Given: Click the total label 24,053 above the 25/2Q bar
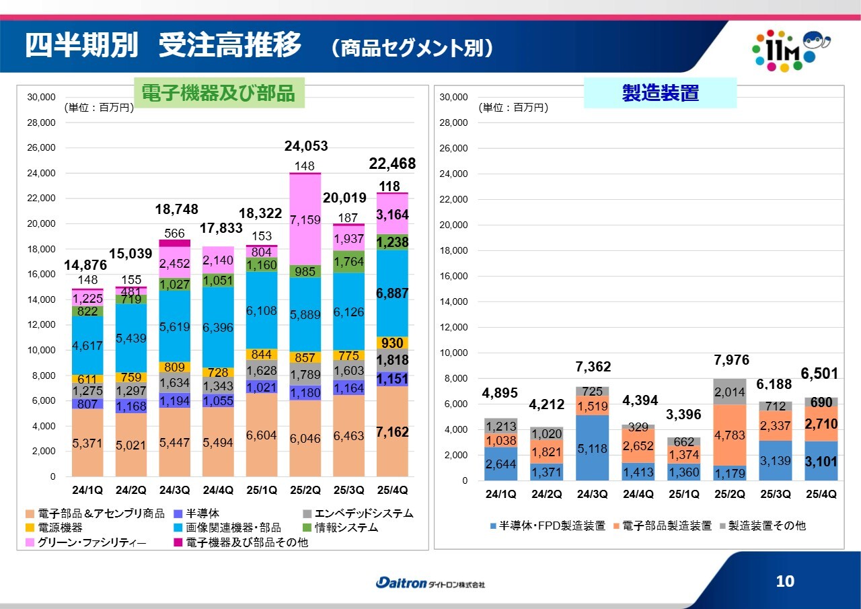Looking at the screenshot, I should click(306, 146).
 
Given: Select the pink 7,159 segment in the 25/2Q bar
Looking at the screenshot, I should click(305, 219).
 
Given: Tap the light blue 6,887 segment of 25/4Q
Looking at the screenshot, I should click(392, 293).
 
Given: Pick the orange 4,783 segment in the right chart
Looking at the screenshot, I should click(731, 435).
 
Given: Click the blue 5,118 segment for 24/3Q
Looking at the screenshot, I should click(592, 447).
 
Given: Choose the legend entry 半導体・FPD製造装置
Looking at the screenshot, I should click(547, 526).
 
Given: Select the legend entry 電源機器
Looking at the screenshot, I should click(57, 528).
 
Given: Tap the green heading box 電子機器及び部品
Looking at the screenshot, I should click(219, 92).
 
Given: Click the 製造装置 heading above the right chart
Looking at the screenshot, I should click(660, 93).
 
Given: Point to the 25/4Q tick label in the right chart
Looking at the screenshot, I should click(821, 494).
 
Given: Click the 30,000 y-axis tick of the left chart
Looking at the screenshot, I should click(42, 98).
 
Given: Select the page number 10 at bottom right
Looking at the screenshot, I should click(785, 581).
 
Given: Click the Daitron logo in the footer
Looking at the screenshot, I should click(430, 583).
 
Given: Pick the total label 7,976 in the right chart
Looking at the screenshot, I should click(731, 360).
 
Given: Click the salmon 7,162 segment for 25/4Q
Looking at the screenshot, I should click(392, 431).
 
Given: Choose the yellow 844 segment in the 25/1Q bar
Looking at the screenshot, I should click(262, 355).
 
